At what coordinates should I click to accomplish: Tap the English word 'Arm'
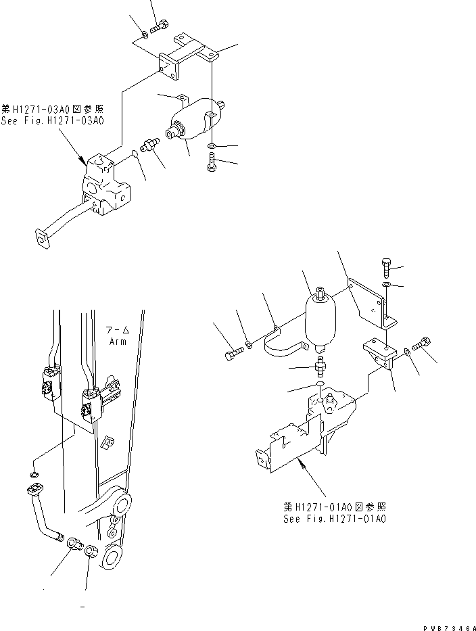118,342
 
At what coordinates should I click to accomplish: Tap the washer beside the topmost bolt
146,34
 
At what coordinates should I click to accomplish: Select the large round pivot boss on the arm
126,505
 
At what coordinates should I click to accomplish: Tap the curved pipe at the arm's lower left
45,514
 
